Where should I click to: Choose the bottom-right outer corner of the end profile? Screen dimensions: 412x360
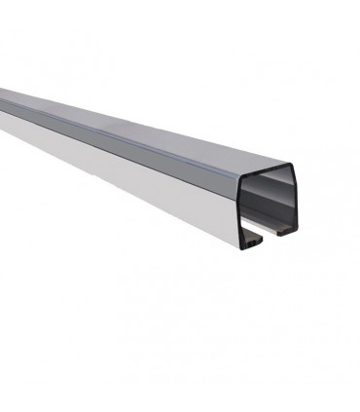[x=296, y=232]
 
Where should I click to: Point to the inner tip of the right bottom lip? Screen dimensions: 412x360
[x=278, y=233]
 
